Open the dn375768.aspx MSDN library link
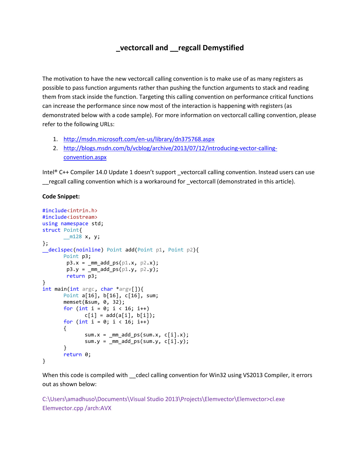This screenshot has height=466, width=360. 139,139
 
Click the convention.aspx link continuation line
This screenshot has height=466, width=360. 85,157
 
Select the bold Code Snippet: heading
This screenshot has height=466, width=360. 61,196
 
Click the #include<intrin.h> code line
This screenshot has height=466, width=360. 70,211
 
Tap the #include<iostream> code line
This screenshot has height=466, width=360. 70,217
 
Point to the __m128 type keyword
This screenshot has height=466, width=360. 73,237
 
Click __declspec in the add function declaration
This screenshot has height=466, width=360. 58,250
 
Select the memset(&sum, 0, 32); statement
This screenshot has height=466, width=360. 94,302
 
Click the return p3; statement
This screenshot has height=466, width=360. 82,276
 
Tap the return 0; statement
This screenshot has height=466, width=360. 77,355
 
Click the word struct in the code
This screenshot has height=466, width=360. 51,230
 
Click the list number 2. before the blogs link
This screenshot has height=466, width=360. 56,148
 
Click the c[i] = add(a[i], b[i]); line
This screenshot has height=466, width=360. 120,315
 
